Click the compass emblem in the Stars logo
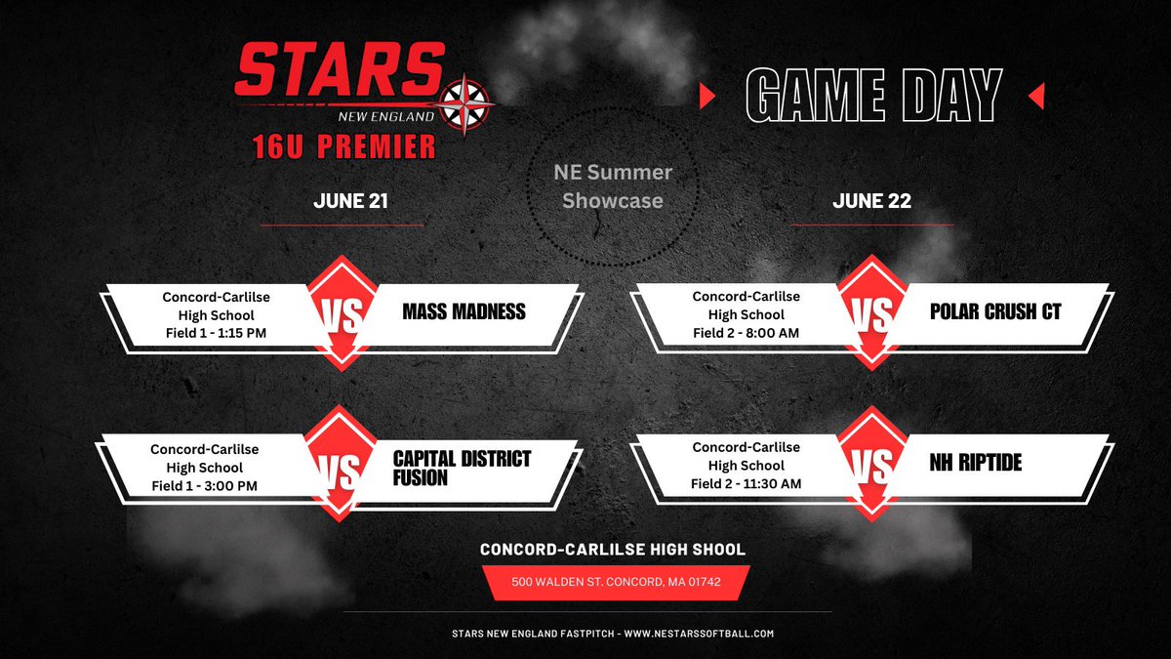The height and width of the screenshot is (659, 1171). tap(467, 103)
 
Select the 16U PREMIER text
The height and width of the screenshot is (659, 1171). tap(342, 147)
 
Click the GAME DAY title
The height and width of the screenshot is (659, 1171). tap(873, 96)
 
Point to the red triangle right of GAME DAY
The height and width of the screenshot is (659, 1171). tap(1036, 96)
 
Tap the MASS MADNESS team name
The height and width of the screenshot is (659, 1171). tap(464, 312)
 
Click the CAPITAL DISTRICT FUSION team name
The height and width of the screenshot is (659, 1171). tap(462, 468)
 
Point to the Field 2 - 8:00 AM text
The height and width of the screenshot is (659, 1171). tap(746, 332)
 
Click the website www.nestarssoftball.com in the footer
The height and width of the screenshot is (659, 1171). tap(698, 634)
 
